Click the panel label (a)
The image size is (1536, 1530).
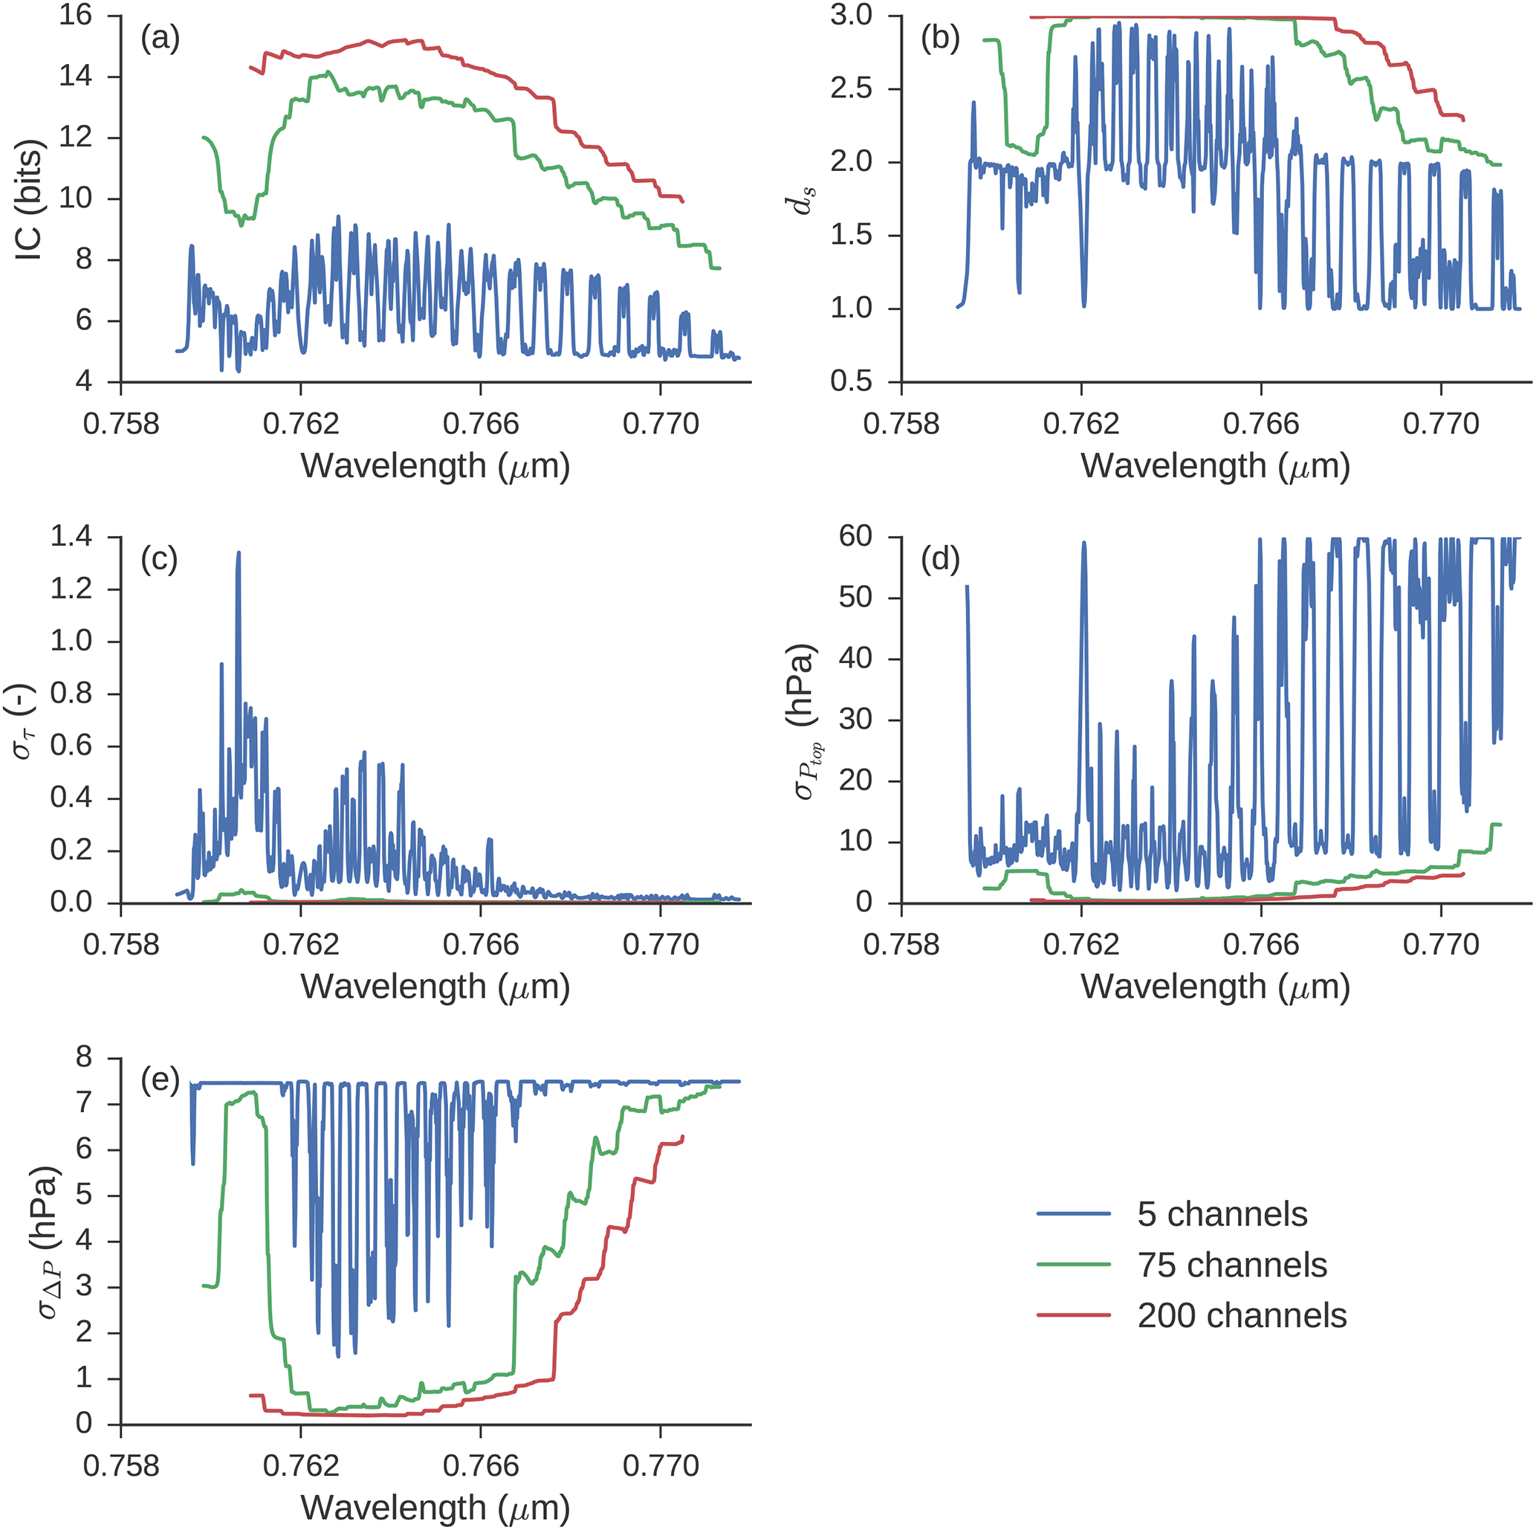160,38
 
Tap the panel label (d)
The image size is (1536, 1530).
940,560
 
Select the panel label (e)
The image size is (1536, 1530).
160,1081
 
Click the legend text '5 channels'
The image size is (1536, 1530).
1222,1214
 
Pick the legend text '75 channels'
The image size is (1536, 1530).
1231,1265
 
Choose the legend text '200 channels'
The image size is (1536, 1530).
1242,1316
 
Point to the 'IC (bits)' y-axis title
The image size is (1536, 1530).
30,201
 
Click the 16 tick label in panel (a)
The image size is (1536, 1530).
75,15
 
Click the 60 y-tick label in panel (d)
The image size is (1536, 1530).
855,537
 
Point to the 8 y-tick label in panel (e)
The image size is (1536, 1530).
83,1059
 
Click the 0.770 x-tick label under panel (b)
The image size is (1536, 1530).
1440,424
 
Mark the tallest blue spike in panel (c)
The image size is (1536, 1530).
239,552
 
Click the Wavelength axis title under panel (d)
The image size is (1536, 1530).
1215,987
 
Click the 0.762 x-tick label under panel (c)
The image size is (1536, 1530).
300,945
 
